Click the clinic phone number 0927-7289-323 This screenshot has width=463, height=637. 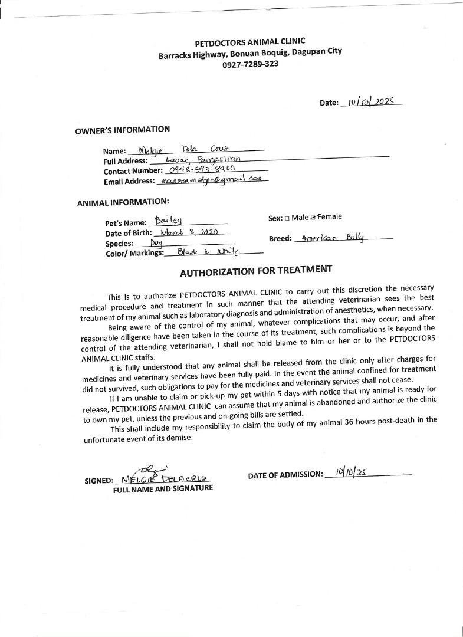coord(250,64)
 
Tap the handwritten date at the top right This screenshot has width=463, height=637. coord(370,101)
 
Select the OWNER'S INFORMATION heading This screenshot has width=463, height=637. coord(122,130)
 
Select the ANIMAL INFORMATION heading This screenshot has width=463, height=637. coord(123,202)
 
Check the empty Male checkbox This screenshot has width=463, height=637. coord(287,218)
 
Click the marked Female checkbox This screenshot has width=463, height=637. coord(314,218)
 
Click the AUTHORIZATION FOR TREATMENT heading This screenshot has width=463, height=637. coord(256,271)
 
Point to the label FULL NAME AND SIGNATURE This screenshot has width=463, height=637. coord(163,488)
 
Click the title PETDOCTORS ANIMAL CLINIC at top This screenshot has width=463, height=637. coord(250,42)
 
